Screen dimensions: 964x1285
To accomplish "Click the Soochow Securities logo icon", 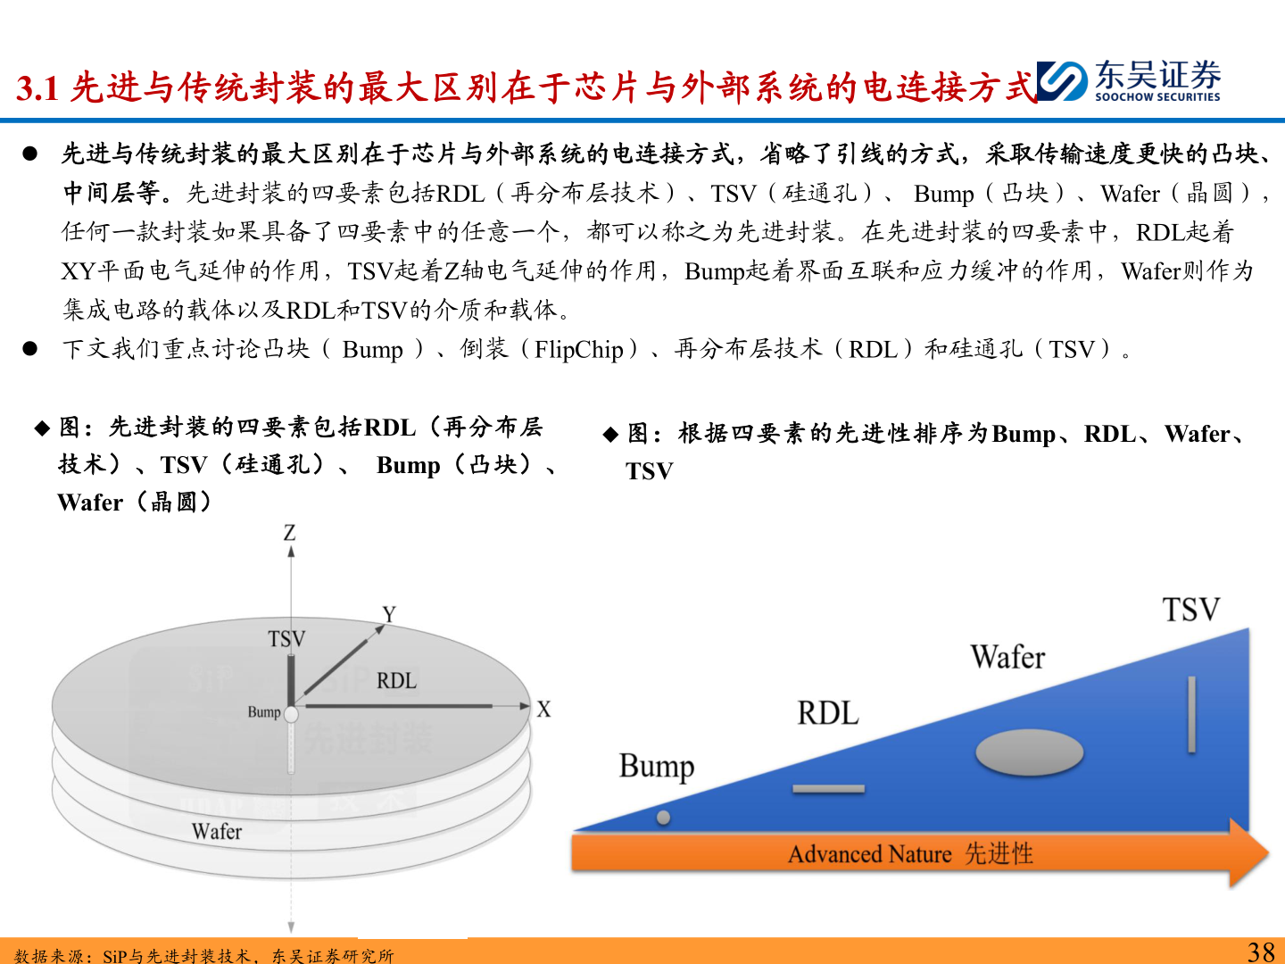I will point(1062,81).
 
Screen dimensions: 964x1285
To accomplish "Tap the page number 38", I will point(1261,952).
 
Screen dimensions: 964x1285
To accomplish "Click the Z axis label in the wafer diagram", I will point(289,533).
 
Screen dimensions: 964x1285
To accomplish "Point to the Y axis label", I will point(389,614).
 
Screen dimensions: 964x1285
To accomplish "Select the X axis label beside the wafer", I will point(543,710).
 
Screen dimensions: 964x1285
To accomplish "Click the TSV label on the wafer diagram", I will point(286,639).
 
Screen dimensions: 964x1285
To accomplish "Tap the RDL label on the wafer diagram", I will point(396,681).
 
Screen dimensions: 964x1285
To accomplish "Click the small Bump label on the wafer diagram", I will point(264,711).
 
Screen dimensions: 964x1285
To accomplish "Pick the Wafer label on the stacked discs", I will point(216,832).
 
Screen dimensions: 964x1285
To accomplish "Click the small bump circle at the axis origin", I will point(291,713).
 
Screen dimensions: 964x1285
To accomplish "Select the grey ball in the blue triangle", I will point(663,818).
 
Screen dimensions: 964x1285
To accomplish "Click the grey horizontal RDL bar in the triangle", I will point(828,789).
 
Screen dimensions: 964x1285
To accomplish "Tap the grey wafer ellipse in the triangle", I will point(1029,752).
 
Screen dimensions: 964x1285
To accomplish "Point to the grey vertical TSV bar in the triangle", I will point(1191,714).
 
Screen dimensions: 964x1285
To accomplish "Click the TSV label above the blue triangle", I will point(1190,611).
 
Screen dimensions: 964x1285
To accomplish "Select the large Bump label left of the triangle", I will point(656,767).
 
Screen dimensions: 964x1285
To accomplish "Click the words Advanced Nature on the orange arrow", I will point(869,854).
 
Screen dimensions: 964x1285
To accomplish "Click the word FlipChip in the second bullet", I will point(578,349).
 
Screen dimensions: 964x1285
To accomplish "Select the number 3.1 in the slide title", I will point(37,87).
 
